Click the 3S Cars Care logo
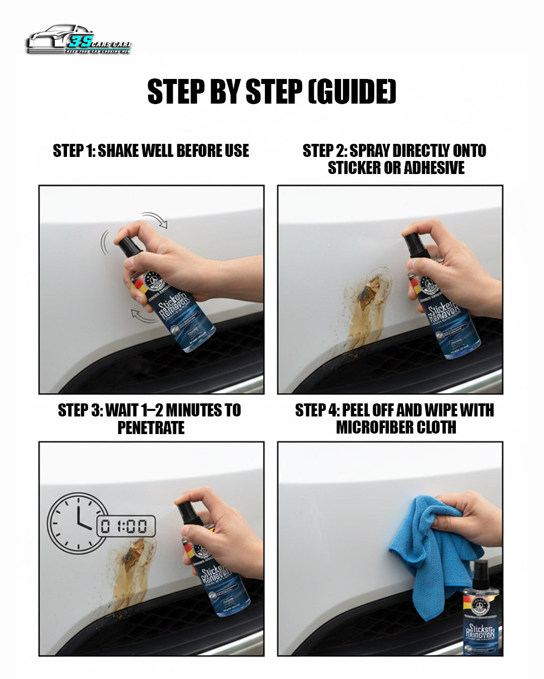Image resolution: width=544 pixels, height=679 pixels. coord(79,40)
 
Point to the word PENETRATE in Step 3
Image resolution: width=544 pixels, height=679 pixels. coord(151,428)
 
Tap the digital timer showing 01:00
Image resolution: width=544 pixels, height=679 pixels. coord(126,527)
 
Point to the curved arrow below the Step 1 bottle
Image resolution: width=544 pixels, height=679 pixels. coord(144,316)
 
